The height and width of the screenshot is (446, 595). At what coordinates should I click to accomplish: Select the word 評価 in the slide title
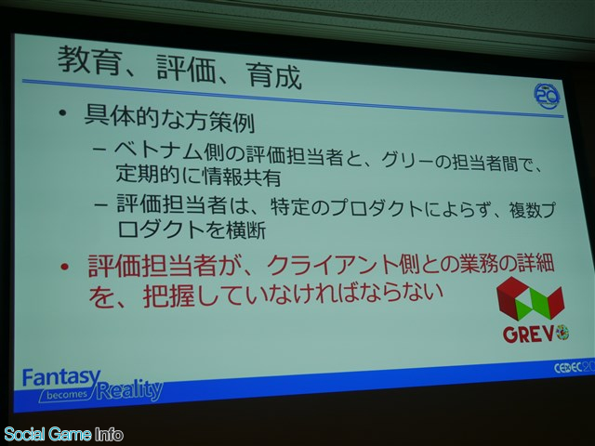pos(186,68)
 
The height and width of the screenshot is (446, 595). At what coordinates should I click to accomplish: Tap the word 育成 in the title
pos(273,75)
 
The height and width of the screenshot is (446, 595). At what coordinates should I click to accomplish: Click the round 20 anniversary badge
pos(547,96)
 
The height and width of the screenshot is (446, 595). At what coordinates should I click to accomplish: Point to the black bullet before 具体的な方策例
pos(63,113)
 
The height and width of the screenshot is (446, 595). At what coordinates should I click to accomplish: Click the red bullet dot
pos(64,267)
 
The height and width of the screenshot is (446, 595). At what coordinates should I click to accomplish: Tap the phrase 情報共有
pos(243,177)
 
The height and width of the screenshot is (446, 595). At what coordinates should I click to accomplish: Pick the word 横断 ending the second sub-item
pos(245,230)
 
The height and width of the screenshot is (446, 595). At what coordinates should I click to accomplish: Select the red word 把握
pos(169,295)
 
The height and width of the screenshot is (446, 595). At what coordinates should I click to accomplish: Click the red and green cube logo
pos(530,298)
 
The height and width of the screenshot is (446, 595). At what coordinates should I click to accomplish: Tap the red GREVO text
pos(535,334)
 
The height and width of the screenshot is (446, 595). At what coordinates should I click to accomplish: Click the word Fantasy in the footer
pos(61,378)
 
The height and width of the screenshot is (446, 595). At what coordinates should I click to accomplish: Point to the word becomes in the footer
pos(67,395)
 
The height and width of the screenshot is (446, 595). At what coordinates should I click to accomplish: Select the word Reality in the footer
pos(129,389)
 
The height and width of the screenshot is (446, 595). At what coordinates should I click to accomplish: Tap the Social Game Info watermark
pos(63,434)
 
